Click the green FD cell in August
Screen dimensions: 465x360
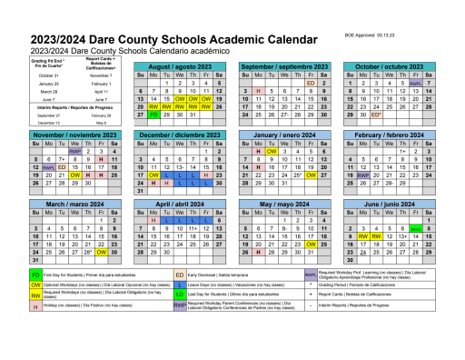[x=153, y=115]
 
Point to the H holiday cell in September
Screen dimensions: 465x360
[x=259, y=91]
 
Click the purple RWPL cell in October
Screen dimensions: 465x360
[x=415, y=83]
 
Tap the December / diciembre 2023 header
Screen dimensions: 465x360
[x=178, y=135]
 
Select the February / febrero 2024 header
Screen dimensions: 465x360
[x=391, y=135]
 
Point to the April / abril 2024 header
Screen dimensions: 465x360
[x=178, y=204]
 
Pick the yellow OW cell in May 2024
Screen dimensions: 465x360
[x=311, y=244]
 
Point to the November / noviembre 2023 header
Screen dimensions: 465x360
[x=71, y=135]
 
